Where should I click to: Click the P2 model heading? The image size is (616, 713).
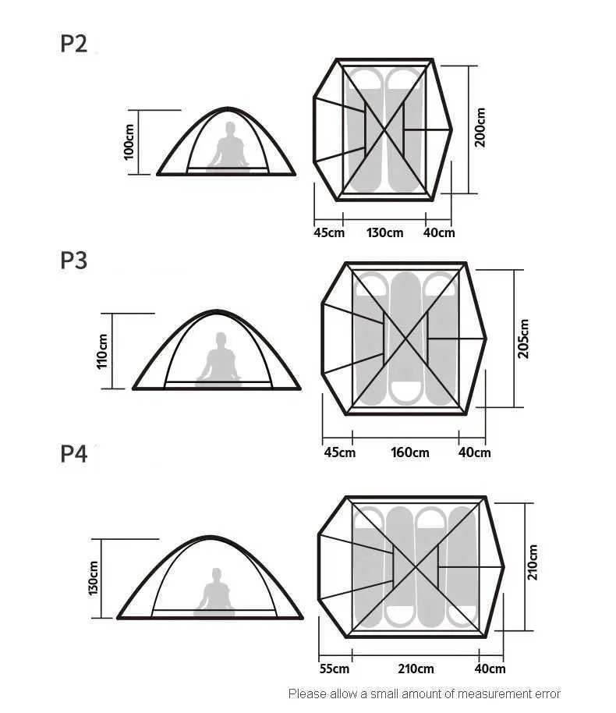click(73, 44)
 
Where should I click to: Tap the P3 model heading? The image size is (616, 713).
click(73, 261)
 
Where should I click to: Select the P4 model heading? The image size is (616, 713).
click(73, 453)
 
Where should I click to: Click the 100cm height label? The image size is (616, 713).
click(129, 141)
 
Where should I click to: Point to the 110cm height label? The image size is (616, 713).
click(103, 350)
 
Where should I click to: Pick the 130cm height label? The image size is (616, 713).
click(94, 577)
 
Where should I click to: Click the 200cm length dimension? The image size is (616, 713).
click(480, 127)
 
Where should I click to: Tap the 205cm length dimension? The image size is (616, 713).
click(524, 339)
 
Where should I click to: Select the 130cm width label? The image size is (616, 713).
click(384, 232)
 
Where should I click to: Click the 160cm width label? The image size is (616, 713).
click(409, 452)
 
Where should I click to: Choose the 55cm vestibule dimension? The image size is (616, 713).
click(335, 669)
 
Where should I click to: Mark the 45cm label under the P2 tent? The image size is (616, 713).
click(329, 232)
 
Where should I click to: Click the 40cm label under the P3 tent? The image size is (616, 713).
click(474, 452)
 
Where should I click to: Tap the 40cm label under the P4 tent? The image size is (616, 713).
click(490, 669)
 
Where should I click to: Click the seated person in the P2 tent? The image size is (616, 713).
click(228, 147)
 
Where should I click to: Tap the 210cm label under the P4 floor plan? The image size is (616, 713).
click(416, 669)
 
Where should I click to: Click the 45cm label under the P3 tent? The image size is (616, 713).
click(340, 452)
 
